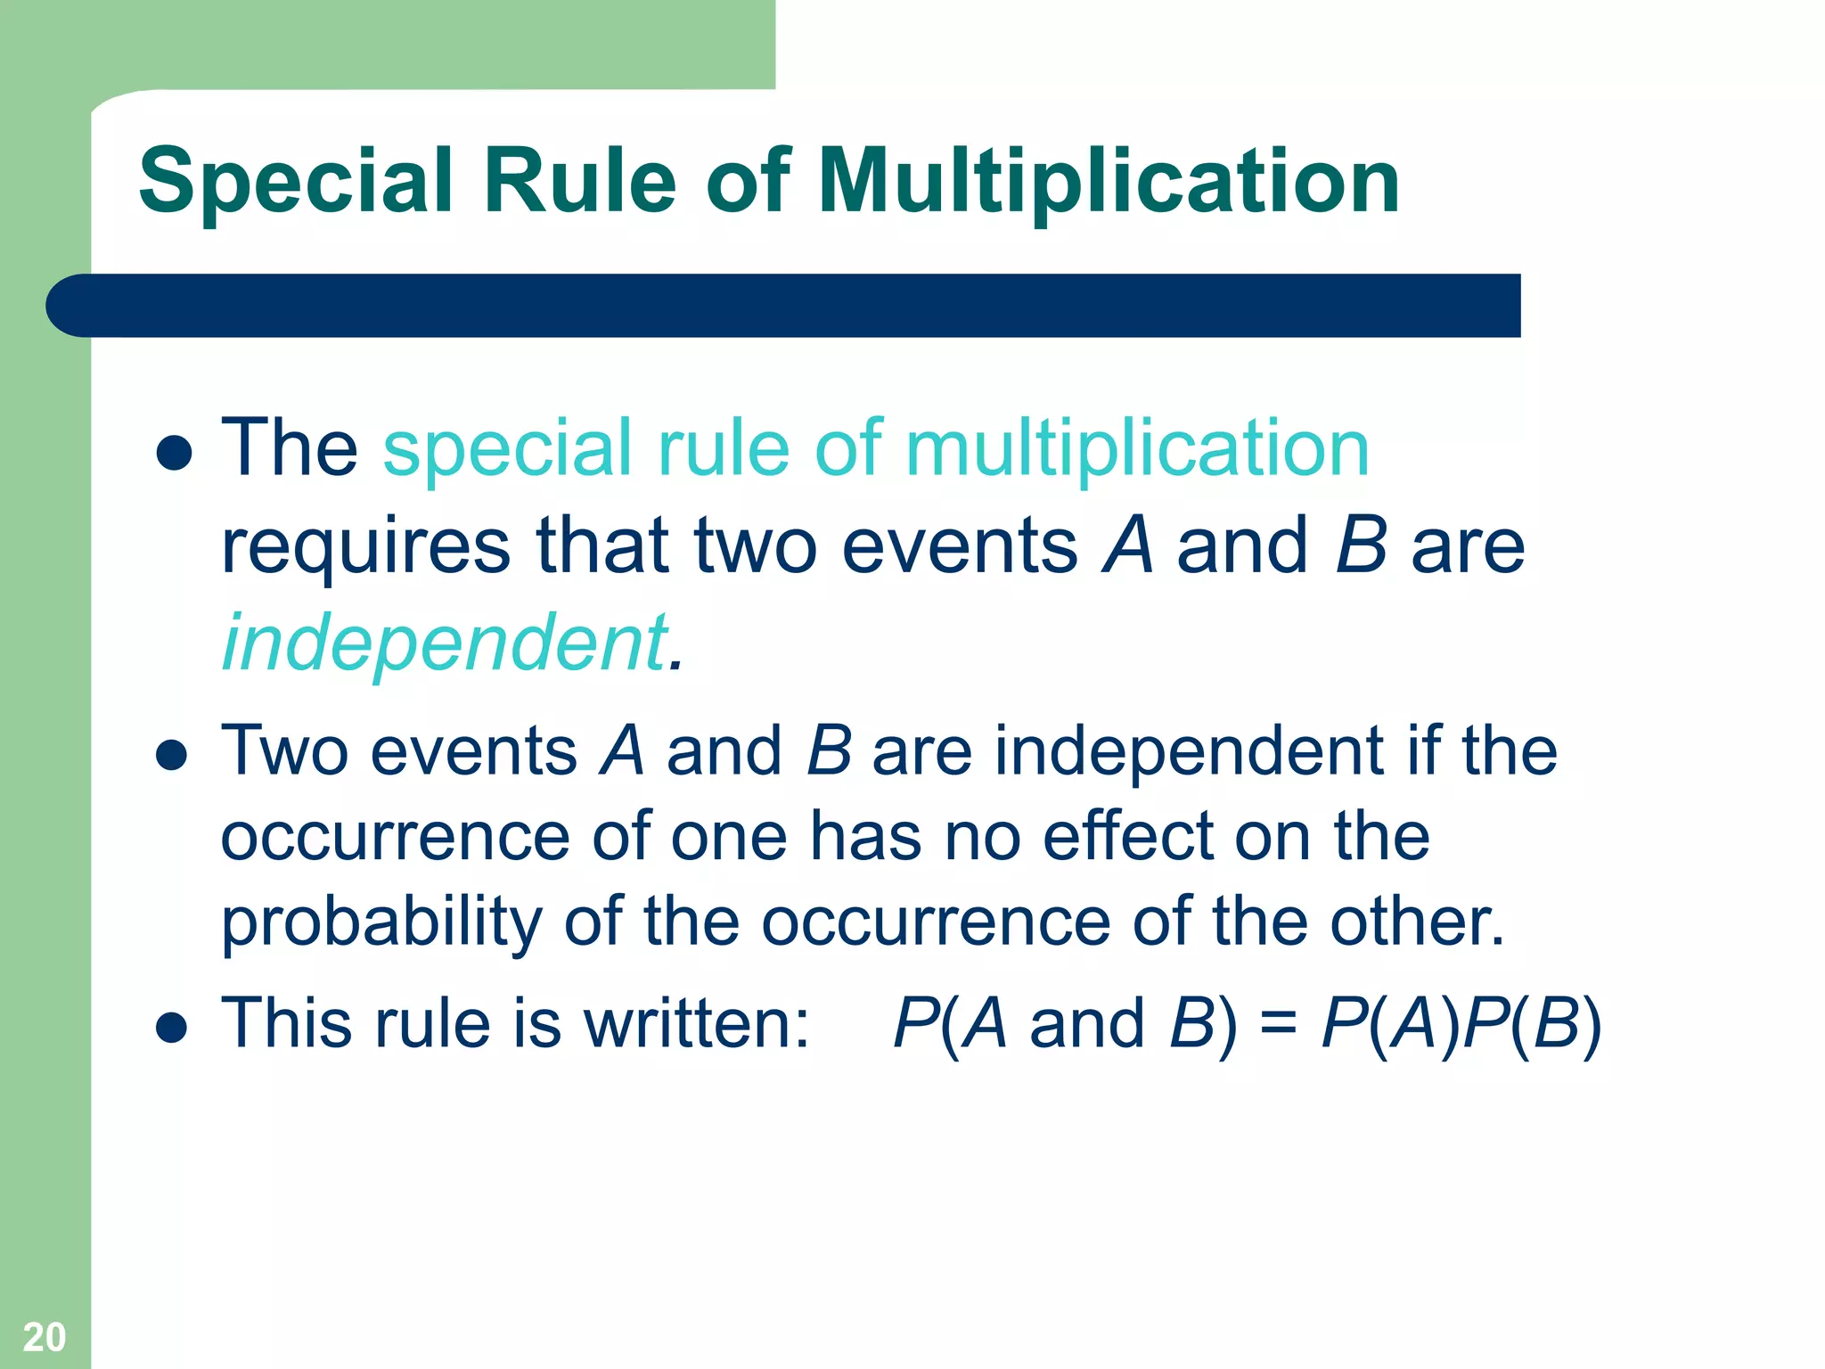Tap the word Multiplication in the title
(1109, 183)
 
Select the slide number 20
(45, 1337)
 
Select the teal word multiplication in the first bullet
(1137, 448)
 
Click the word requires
(365, 546)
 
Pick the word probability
(381, 922)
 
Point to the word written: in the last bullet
(697, 1023)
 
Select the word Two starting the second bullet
(284, 751)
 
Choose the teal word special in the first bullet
(507, 448)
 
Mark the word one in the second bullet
(729, 838)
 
